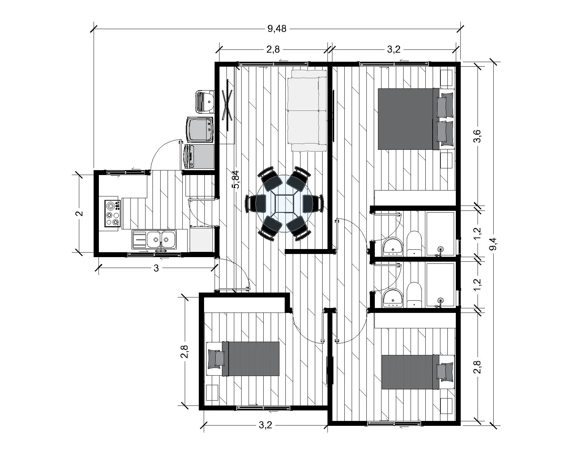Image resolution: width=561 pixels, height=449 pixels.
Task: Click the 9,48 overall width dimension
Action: click(x=277, y=29)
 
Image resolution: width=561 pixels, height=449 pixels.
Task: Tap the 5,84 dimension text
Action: click(x=235, y=180)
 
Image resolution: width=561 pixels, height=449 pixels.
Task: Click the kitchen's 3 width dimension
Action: click(x=156, y=268)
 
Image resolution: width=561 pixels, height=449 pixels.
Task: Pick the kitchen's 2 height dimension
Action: click(x=79, y=213)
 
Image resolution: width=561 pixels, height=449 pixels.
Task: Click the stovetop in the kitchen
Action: click(x=113, y=213)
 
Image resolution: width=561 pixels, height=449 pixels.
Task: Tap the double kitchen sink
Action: click(x=154, y=239)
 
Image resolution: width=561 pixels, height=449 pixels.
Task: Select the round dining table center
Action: click(x=284, y=203)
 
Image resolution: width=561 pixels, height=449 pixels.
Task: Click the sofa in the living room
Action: click(x=307, y=110)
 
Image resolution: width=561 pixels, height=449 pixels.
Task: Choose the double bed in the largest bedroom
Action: click(x=415, y=119)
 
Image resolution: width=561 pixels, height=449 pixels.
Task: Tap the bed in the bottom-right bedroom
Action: click(x=418, y=372)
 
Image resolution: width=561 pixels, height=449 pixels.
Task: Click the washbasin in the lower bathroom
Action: click(x=393, y=298)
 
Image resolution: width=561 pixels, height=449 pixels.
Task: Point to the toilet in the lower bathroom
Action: click(x=414, y=295)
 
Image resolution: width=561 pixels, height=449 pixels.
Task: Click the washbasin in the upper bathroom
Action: click(x=393, y=247)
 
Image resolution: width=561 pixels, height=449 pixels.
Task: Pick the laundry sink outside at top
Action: click(x=205, y=101)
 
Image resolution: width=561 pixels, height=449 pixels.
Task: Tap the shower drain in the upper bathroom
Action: click(x=440, y=249)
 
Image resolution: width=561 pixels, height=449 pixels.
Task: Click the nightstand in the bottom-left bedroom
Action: click(x=212, y=393)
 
